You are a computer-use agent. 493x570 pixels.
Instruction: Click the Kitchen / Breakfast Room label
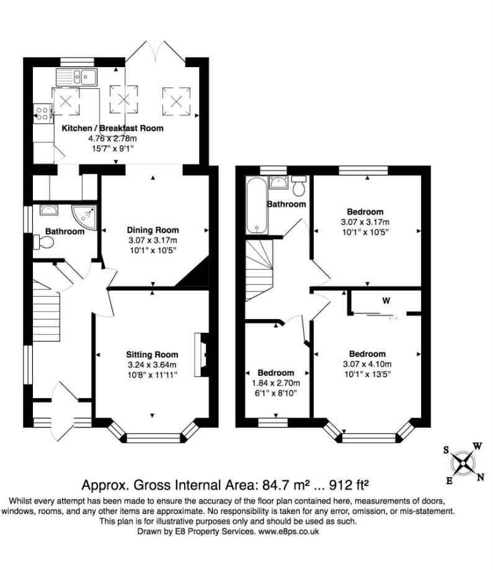[x=112, y=129]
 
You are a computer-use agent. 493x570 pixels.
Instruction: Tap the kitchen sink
[x=76, y=77]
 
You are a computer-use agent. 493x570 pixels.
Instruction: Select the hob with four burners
[x=42, y=112]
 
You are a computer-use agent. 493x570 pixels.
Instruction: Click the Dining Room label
[x=153, y=230]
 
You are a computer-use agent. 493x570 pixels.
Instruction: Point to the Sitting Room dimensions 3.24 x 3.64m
[x=152, y=365]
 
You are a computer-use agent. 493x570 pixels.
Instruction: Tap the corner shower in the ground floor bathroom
[x=84, y=218]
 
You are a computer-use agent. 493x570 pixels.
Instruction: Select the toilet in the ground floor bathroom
[x=43, y=242]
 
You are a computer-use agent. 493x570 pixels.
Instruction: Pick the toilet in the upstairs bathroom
[x=299, y=186]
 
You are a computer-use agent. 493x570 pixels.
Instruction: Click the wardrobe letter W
[x=386, y=301]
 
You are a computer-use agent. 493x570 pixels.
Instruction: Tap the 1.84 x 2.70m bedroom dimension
[x=276, y=383]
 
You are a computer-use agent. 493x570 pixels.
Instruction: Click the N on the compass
[x=481, y=477]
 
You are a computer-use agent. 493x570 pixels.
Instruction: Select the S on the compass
[x=446, y=450]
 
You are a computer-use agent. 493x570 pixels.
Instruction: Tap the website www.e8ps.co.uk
[x=288, y=532]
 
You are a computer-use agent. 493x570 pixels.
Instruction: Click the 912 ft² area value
[x=349, y=485]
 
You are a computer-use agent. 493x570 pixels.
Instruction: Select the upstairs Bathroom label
[x=286, y=204]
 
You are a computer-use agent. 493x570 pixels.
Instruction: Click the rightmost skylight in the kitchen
[x=176, y=101]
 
